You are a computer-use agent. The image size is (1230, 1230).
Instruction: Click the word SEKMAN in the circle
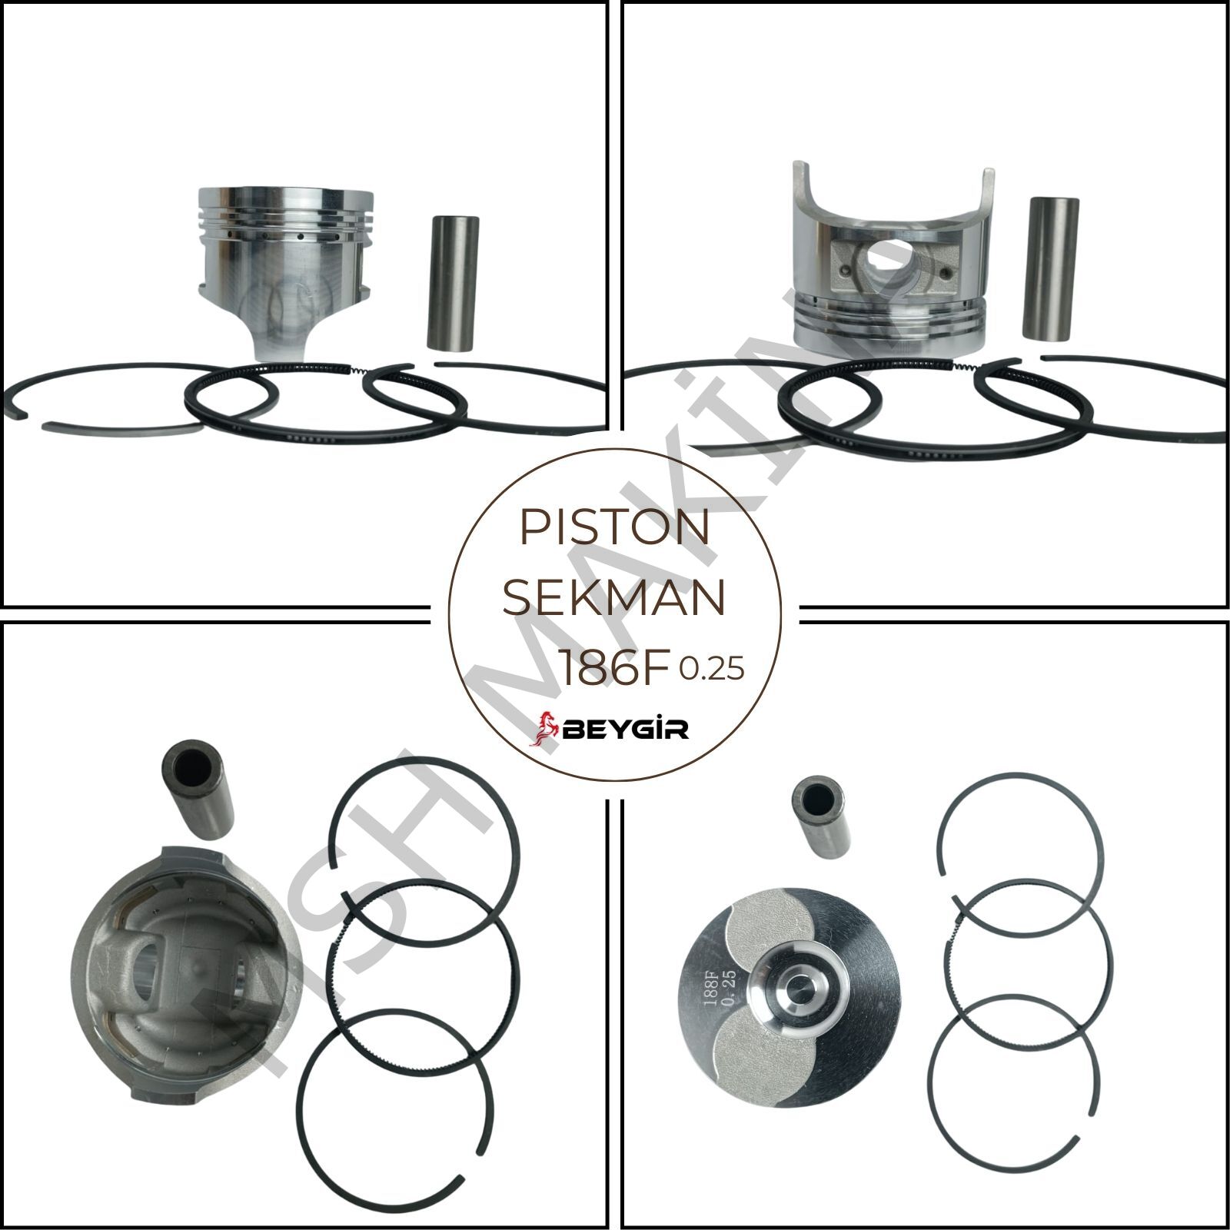coord(613,599)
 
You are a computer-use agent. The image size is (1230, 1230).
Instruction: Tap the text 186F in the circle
coord(613,670)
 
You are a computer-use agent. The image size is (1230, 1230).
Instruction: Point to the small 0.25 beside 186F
coord(711,670)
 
